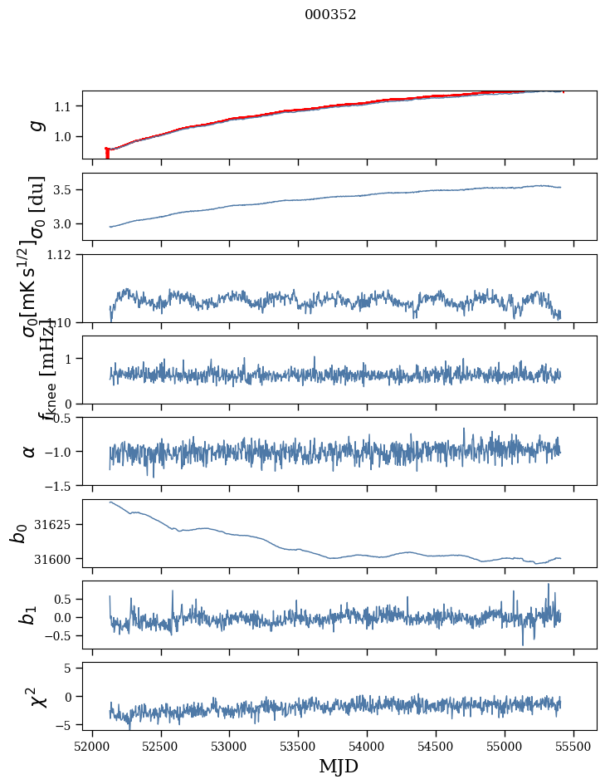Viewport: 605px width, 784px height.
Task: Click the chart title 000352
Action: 330,15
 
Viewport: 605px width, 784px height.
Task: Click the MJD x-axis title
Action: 339,766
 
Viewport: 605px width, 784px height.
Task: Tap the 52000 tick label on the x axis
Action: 92,746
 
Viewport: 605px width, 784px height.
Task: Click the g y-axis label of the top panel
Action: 35,125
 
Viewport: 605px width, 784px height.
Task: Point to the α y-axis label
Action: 30,451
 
